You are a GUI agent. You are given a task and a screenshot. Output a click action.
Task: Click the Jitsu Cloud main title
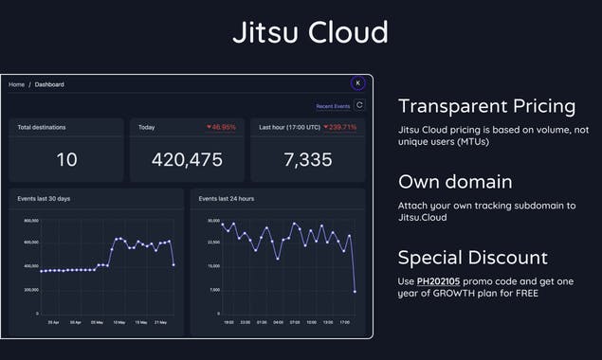[310, 32]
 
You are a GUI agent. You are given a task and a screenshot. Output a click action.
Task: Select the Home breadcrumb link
[17, 85]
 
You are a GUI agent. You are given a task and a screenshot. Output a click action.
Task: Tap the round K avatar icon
[357, 83]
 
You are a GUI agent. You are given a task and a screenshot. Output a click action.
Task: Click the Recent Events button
[333, 106]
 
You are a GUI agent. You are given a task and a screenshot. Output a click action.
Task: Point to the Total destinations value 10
[66, 160]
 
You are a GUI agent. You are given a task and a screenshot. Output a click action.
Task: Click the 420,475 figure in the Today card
[187, 160]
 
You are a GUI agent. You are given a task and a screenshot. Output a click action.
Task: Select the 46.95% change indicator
[221, 127]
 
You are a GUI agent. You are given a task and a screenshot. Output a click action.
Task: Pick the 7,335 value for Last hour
[308, 160]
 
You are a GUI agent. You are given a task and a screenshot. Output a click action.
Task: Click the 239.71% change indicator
[339, 127]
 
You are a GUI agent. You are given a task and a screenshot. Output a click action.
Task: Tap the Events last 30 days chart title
[44, 199]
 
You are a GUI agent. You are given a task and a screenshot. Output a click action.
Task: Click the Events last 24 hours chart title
[227, 199]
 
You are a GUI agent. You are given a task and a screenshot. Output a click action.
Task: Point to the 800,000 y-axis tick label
[31, 220]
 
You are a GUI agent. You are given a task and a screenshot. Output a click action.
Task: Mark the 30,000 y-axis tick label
[213, 220]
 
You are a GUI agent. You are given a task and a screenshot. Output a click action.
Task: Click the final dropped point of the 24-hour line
[356, 291]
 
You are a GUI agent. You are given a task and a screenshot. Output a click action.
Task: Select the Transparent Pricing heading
[486, 106]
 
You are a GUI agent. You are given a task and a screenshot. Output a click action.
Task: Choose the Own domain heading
[455, 182]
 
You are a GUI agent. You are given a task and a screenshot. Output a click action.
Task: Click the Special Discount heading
[471, 258]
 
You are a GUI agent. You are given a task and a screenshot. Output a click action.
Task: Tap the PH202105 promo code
[437, 282]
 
